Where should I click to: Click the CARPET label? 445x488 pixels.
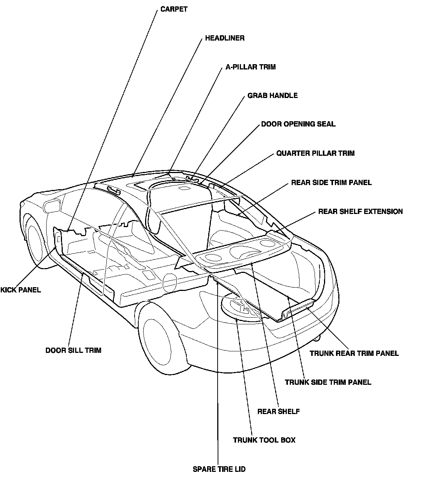pyautogui.click(x=174, y=9)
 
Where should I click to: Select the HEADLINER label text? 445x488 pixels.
pyautogui.click(x=225, y=38)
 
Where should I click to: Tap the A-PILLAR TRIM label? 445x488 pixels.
pyautogui.click(x=250, y=67)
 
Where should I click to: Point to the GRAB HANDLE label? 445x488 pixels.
pyautogui.click(x=272, y=96)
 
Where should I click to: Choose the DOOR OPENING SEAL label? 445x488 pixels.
pyautogui.click(x=298, y=124)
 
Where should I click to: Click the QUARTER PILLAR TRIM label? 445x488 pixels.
pyautogui.click(x=315, y=154)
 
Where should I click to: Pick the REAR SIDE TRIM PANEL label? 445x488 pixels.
pyautogui.click(x=331, y=183)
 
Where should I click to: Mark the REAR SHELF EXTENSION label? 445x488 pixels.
pyautogui.click(x=360, y=212)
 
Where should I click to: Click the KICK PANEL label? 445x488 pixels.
pyautogui.click(x=21, y=290)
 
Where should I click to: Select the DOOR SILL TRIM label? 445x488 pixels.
pyautogui.click(x=73, y=351)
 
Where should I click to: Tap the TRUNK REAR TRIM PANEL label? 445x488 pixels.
pyautogui.click(x=354, y=353)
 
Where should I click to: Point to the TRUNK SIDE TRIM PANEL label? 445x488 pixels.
pyautogui.click(x=328, y=383)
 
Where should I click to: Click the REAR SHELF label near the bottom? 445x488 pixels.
pyautogui.click(x=279, y=412)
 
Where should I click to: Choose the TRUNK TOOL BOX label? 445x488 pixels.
pyautogui.click(x=264, y=440)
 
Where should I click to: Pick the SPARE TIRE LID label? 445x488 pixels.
pyautogui.click(x=219, y=469)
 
